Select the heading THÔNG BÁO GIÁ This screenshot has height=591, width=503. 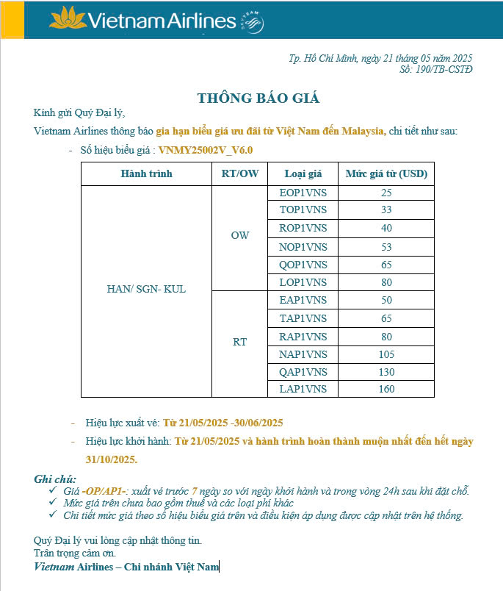pos(258,98)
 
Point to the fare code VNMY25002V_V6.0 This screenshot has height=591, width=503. pos(206,150)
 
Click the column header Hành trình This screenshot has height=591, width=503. pos(146,174)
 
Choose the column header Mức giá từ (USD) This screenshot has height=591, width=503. pos(386,174)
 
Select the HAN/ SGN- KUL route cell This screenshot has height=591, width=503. pos(146,289)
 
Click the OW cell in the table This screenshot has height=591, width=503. pos(239,235)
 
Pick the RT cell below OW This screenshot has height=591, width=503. pos(239,342)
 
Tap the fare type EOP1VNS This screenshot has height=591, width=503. pos(303,193)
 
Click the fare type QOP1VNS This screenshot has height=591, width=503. pos(303,265)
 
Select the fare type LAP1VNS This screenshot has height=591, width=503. pos(303,389)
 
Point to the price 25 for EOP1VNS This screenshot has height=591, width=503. pos(386,193)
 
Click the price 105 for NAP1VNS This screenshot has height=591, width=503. pos(386,354)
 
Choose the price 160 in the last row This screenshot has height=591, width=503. pos(386,389)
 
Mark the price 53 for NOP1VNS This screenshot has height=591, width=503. pos(386,246)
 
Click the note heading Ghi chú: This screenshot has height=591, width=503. pos(55,479)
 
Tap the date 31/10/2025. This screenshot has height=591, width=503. pos(110,459)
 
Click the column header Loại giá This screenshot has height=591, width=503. pos(303,174)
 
